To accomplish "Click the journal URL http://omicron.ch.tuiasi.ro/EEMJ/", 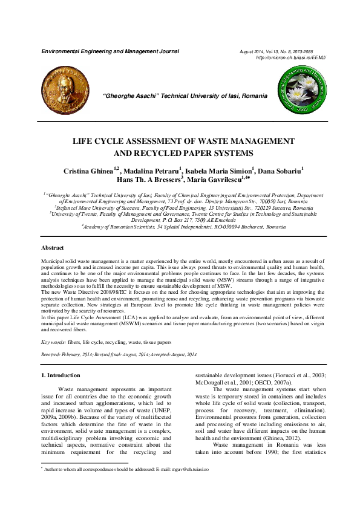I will click(x=292, y=57).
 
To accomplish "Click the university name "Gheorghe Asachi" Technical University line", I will click(x=182, y=96).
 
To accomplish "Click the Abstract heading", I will click(x=53, y=248).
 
